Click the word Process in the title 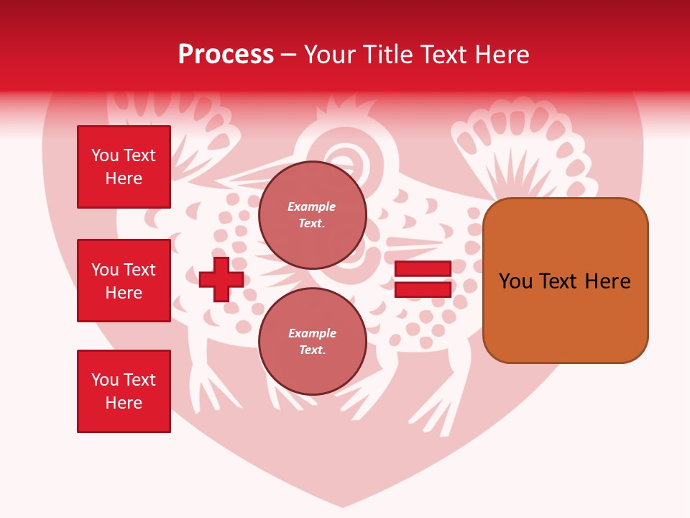click(226, 55)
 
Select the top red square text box click(124, 167)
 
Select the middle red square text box click(124, 281)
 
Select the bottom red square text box click(124, 391)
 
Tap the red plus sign click(221, 279)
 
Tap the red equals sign click(423, 279)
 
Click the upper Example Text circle click(312, 215)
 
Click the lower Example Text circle click(312, 342)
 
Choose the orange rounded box click(565, 281)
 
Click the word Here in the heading click(501, 55)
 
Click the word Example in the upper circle click(311, 206)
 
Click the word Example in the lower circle click(312, 333)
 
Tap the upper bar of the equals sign click(423, 268)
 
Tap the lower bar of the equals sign click(423, 290)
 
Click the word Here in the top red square click(124, 178)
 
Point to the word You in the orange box click(515, 281)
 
